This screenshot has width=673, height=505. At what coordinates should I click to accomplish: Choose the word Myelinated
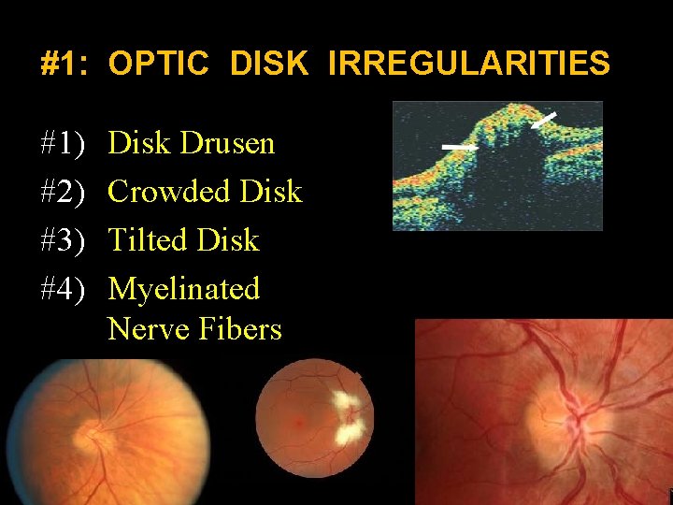tap(183, 289)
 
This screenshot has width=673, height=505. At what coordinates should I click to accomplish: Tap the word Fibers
tap(241, 329)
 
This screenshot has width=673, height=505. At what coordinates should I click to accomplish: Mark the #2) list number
tap(64, 192)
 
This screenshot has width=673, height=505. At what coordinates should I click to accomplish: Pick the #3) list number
tap(64, 240)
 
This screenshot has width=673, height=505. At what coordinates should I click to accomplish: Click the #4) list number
tap(64, 289)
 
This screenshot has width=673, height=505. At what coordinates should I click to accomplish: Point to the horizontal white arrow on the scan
tap(458, 147)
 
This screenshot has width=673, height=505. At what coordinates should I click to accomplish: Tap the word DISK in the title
tap(267, 64)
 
